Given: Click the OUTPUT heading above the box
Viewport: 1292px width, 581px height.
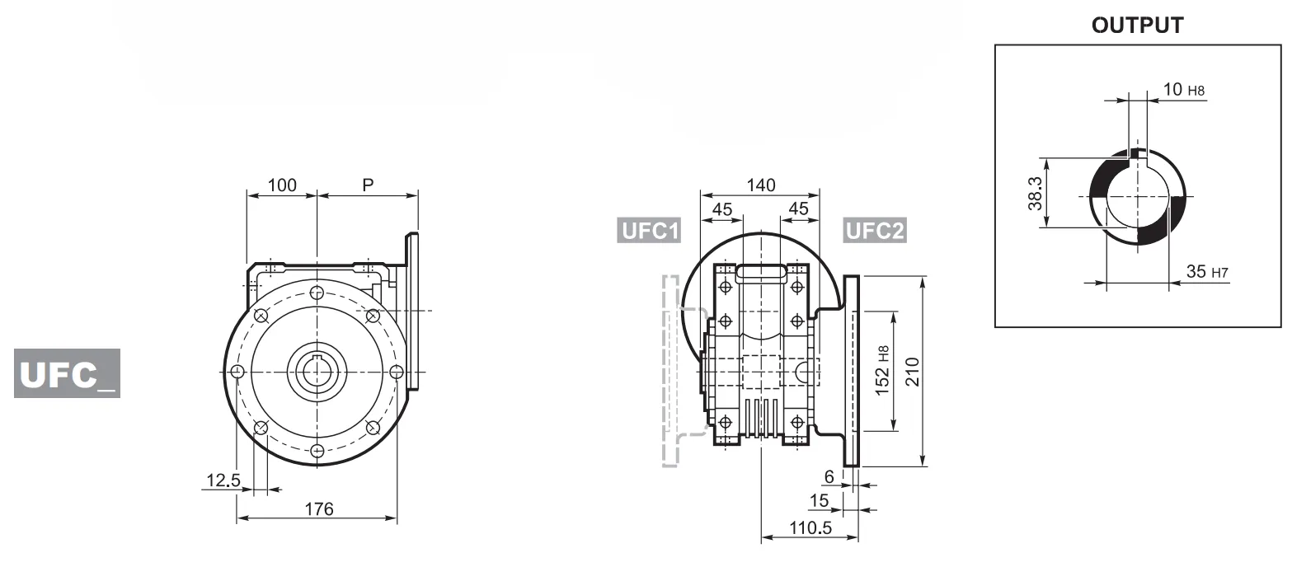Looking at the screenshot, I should pyautogui.click(x=1137, y=26).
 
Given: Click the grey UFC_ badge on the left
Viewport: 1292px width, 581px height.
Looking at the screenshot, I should pyautogui.click(x=67, y=373).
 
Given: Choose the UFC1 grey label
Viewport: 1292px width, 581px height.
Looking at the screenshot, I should pyautogui.click(x=650, y=231).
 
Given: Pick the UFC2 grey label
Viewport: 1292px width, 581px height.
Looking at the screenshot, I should pyautogui.click(x=874, y=231).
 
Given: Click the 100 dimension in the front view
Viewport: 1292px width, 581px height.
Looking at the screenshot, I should pyautogui.click(x=282, y=185).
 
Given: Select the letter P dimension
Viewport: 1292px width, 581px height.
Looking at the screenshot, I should pyautogui.click(x=368, y=185).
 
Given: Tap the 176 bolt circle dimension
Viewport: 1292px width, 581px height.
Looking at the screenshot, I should pyautogui.click(x=318, y=509).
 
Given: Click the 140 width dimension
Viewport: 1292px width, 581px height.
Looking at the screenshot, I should pyautogui.click(x=759, y=185).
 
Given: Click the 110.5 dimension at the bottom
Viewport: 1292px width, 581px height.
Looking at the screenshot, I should pyautogui.click(x=810, y=528).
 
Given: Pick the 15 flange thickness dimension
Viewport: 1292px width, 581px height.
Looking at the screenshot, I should pyautogui.click(x=819, y=501).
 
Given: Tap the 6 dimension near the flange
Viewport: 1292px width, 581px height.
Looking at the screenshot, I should pyautogui.click(x=829, y=476).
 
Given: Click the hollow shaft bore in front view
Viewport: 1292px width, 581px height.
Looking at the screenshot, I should pyautogui.click(x=317, y=372).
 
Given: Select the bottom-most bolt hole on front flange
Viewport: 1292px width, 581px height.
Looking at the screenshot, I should pyautogui.click(x=317, y=450).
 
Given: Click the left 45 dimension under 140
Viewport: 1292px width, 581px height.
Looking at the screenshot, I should pyautogui.click(x=721, y=209).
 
